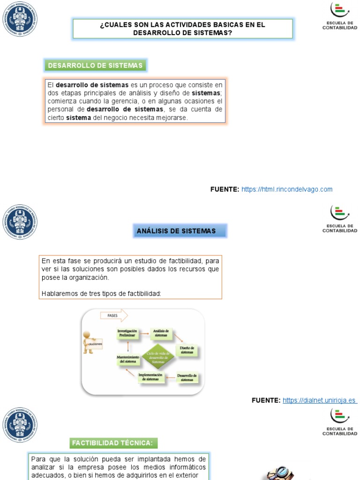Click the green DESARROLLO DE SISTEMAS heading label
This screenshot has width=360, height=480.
point(95,66)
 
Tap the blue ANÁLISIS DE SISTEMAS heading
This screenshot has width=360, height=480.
point(176,231)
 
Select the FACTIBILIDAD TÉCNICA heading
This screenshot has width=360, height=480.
point(113,442)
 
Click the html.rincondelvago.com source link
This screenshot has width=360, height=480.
point(287,189)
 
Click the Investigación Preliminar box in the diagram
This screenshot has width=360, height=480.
point(127,333)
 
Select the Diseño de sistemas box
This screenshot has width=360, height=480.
point(187,350)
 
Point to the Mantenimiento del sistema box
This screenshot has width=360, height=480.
point(127,360)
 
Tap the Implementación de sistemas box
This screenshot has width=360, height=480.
point(150,376)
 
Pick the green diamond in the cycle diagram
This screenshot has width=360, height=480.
point(155,359)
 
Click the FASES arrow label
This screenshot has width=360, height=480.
point(113,315)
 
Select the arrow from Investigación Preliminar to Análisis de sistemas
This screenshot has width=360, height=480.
point(144,334)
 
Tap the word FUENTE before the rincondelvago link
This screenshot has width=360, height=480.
point(225,189)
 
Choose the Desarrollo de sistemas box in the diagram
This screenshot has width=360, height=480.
point(187,377)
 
